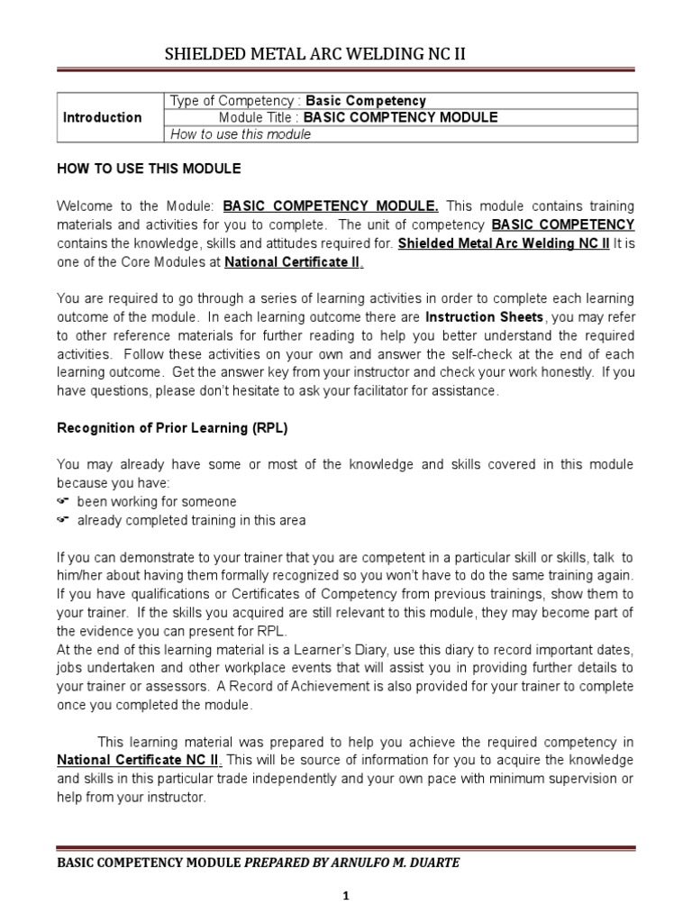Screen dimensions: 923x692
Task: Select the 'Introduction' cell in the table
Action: pos(103,117)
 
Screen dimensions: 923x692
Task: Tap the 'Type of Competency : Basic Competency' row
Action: pos(298,101)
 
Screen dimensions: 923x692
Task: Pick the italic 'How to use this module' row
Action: pos(241,134)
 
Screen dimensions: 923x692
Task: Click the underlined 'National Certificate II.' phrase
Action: pos(295,262)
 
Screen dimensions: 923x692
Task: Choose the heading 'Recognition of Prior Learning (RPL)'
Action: pos(172,428)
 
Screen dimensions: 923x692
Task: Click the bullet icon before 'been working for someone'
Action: pos(63,501)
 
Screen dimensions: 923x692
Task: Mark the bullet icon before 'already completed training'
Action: pos(63,520)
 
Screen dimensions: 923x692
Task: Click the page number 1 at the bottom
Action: pos(346,897)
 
